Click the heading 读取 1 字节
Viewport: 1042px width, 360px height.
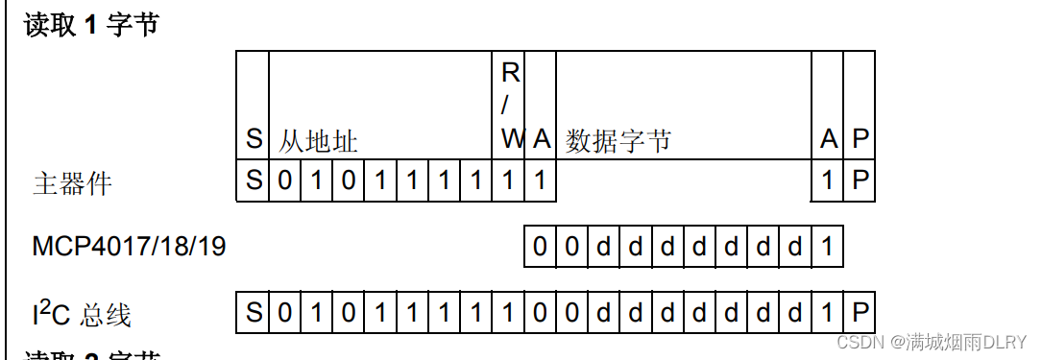point(91,23)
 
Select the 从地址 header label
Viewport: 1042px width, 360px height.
point(318,142)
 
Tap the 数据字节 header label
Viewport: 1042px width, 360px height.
point(618,142)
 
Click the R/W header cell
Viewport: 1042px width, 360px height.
point(511,106)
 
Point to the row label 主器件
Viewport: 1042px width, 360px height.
point(72,182)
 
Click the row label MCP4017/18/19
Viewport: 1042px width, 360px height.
point(129,248)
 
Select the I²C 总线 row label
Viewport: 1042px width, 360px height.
point(81,314)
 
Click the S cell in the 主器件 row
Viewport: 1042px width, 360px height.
point(254,180)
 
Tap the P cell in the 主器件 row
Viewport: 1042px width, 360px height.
point(860,180)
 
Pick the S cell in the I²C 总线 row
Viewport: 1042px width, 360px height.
point(254,313)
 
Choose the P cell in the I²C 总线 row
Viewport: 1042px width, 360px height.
point(860,313)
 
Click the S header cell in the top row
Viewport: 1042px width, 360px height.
point(254,140)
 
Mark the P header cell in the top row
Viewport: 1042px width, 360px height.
point(860,140)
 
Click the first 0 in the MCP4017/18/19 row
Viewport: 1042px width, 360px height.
point(540,247)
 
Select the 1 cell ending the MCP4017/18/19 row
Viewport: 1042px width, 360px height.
point(828,247)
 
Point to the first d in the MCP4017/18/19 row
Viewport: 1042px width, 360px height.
point(603,247)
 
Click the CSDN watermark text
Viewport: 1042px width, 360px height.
point(932,342)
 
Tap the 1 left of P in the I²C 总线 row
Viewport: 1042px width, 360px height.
point(828,313)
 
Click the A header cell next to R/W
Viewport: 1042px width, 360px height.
point(541,140)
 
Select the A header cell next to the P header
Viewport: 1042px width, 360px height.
point(828,140)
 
